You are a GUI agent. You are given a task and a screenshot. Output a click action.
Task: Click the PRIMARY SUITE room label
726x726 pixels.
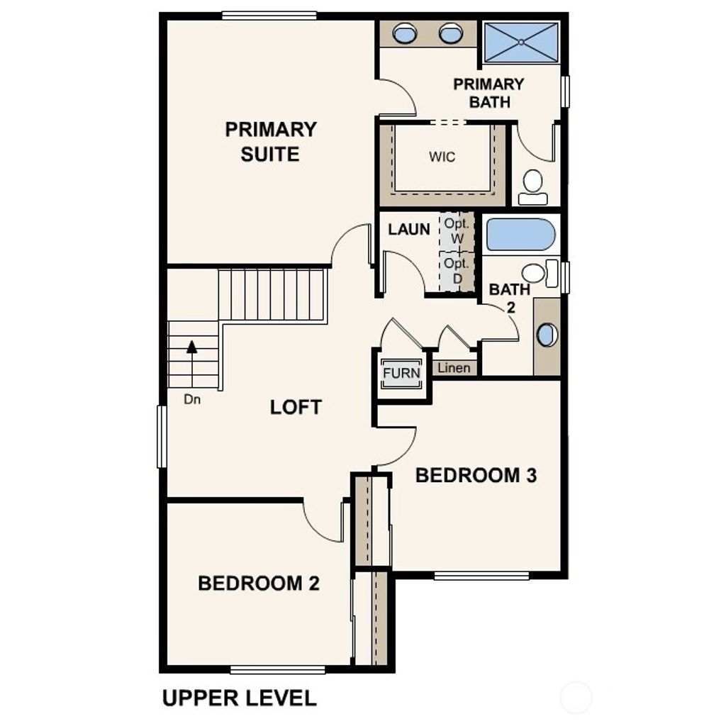click(x=270, y=142)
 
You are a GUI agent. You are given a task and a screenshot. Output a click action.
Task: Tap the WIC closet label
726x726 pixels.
click(x=442, y=157)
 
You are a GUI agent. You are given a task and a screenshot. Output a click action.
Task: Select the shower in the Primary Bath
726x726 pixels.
click(x=521, y=42)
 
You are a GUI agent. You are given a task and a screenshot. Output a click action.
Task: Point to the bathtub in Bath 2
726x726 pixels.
click(x=521, y=235)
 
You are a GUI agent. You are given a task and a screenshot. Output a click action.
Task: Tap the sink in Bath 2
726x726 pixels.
click(x=547, y=335)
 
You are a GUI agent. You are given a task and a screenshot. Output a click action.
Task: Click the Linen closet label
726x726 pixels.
click(x=454, y=368)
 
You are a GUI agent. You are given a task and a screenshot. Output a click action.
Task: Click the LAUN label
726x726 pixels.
click(x=409, y=230)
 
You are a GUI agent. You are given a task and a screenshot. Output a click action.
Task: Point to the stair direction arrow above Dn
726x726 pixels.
click(x=191, y=348)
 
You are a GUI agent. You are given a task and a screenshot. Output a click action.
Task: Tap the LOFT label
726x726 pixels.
click(x=296, y=408)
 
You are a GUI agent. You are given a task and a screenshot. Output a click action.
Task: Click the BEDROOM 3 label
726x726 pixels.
click(x=476, y=476)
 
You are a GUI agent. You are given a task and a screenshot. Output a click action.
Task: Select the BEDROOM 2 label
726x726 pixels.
click(x=259, y=583)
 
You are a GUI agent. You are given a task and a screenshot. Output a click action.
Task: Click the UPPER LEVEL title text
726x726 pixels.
click(x=240, y=698)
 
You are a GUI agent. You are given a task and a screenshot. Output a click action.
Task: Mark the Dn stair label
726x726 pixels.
click(x=192, y=399)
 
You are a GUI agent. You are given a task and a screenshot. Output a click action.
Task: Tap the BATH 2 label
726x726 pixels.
click(x=509, y=298)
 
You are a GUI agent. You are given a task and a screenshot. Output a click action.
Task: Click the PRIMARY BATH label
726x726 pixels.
click(x=488, y=93)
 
